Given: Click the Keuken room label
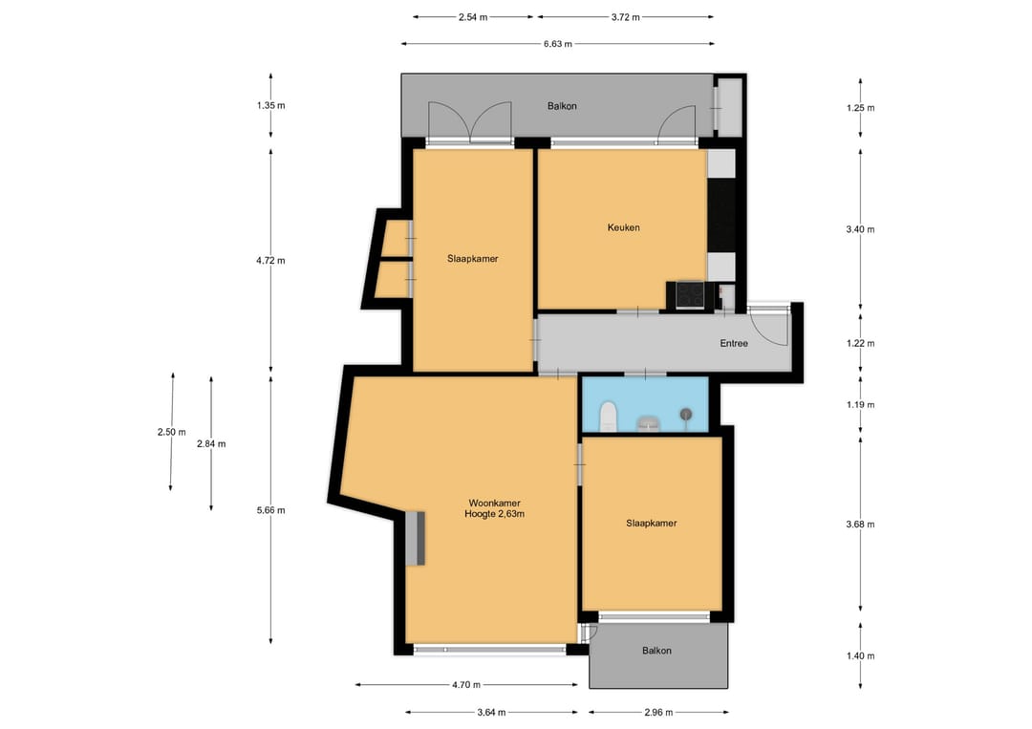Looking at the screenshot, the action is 623,227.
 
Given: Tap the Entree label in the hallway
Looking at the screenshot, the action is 734,343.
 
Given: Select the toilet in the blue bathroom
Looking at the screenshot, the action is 608,418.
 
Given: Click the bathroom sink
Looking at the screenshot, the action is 650,423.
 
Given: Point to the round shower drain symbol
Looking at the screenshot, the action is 686,414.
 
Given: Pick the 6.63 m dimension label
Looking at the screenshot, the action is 557,44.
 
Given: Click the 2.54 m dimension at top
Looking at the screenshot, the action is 473,18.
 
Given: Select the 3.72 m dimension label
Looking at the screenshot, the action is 625,18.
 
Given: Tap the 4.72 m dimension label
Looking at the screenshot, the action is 270,261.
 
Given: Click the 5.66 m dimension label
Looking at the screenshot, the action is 270,510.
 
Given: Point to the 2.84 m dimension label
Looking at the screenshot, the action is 211,444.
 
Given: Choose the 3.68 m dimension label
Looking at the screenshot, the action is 860,525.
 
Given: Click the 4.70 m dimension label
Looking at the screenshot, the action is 466,685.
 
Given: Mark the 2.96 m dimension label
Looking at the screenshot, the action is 658,713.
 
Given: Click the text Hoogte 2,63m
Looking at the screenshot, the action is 494,515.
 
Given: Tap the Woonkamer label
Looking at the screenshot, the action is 494,504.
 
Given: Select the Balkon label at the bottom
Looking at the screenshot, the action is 656,651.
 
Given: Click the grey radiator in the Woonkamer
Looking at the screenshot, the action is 416,538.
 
